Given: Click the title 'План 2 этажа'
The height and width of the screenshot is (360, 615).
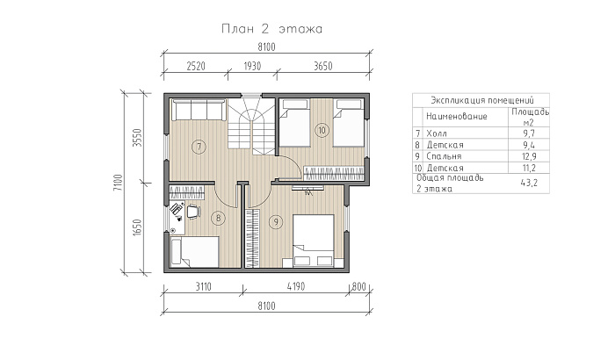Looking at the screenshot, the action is pos(271,29).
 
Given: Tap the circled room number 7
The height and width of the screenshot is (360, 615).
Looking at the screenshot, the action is pos(199,147).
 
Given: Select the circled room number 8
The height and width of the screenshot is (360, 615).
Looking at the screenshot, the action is pos(218,218).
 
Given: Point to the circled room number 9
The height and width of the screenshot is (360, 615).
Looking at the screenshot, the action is pos(276,222).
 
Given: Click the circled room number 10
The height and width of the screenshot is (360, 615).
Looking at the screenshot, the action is pos(322,130).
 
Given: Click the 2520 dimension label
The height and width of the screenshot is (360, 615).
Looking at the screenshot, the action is pos(196,66).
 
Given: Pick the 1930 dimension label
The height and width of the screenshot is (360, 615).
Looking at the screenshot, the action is pos(252,66).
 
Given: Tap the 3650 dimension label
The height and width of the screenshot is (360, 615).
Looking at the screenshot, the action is pos(322,66).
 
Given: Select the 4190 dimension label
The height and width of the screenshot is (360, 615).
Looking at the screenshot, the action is pos(296,286).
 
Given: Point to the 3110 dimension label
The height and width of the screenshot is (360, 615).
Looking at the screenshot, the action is pos(204,286).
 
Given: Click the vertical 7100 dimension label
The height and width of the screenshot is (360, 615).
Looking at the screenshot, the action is pos(118,183).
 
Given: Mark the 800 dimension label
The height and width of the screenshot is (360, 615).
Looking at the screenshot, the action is pos(358,286).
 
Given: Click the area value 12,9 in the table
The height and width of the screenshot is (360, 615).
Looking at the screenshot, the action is pos(529,156).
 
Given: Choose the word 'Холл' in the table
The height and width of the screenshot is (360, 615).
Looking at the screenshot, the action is pos(436,133).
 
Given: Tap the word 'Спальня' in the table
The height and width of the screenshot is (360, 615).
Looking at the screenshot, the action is pos(444,156).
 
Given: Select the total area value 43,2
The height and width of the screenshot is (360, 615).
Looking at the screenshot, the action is pos(529,183).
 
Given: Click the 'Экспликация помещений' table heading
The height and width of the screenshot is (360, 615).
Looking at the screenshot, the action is pos(482,100).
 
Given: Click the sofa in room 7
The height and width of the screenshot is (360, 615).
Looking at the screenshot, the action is pos(198,110).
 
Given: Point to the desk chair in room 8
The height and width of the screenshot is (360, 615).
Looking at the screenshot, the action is pos(193,212).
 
